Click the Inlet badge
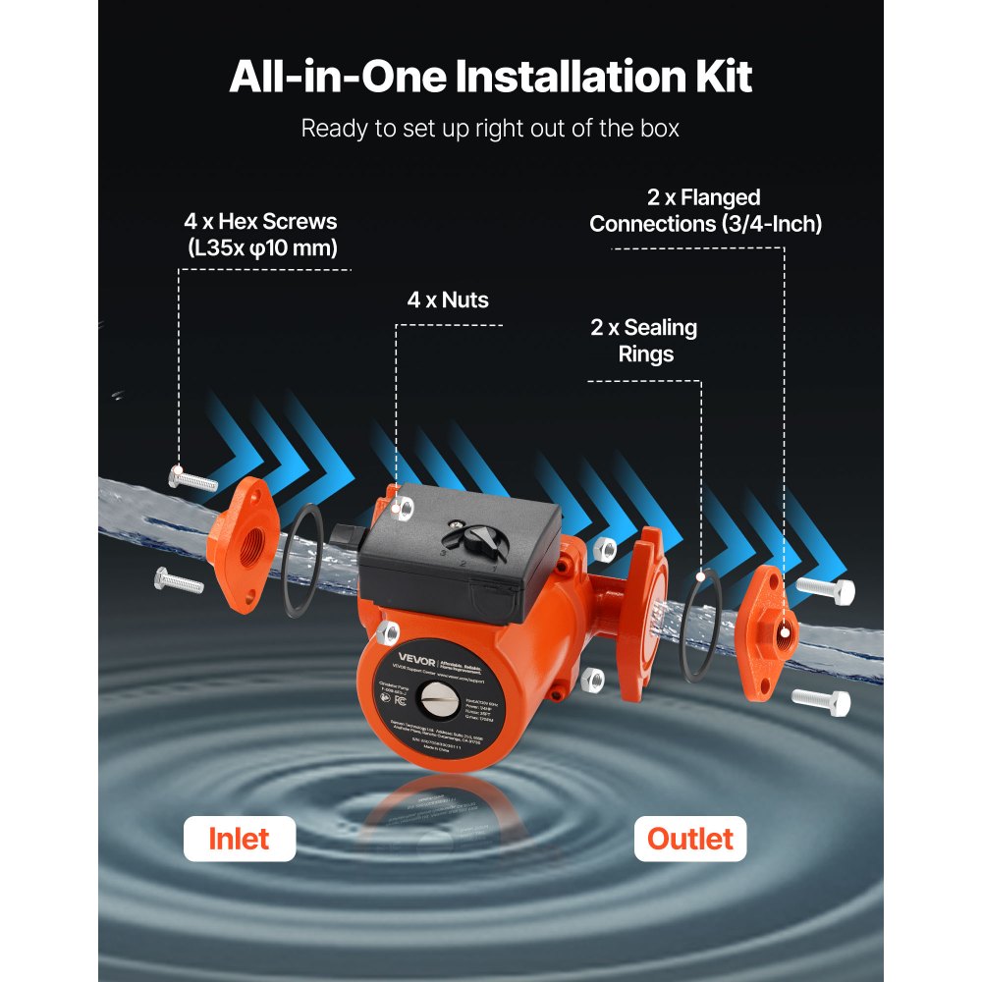(x=240, y=839)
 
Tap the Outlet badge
(x=689, y=839)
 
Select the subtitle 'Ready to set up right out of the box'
(x=490, y=129)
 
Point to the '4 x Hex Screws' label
(x=260, y=222)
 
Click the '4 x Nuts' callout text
(x=448, y=300)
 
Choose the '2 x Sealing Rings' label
(x=644, y=340)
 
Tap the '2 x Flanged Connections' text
(x=705, y=211)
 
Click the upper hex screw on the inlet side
(x=192, y=479)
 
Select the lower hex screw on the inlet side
(x=179, y=580)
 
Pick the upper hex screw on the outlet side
(x=825, y=590)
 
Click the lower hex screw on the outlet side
(x=821, y=700)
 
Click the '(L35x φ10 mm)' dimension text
(x=262, y=247)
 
